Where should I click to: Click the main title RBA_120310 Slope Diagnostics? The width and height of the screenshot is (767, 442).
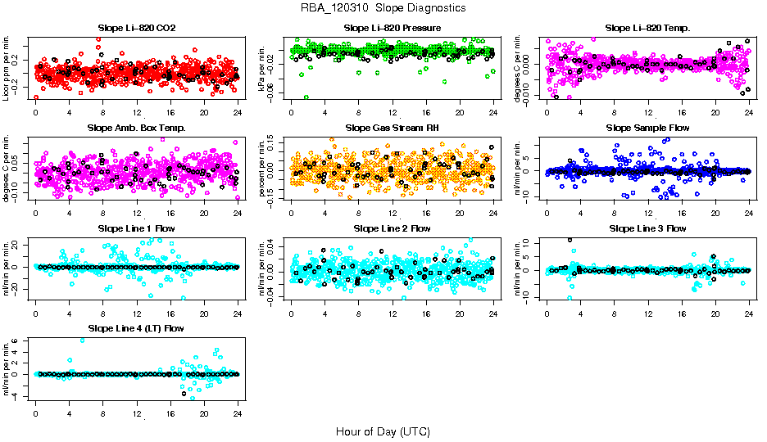pos(383,7)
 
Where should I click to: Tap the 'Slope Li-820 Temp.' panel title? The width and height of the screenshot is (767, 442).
pos(647,28)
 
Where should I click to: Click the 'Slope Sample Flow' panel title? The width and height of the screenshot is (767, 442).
pos(647,128)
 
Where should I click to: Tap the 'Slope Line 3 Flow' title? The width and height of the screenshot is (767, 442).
pos(647,228)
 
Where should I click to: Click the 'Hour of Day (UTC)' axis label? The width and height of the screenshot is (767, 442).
pos(383,431)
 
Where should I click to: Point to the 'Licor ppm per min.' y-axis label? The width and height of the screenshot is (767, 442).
pos(7,67)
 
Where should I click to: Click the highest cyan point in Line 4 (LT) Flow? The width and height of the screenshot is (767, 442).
pos(82,340)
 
